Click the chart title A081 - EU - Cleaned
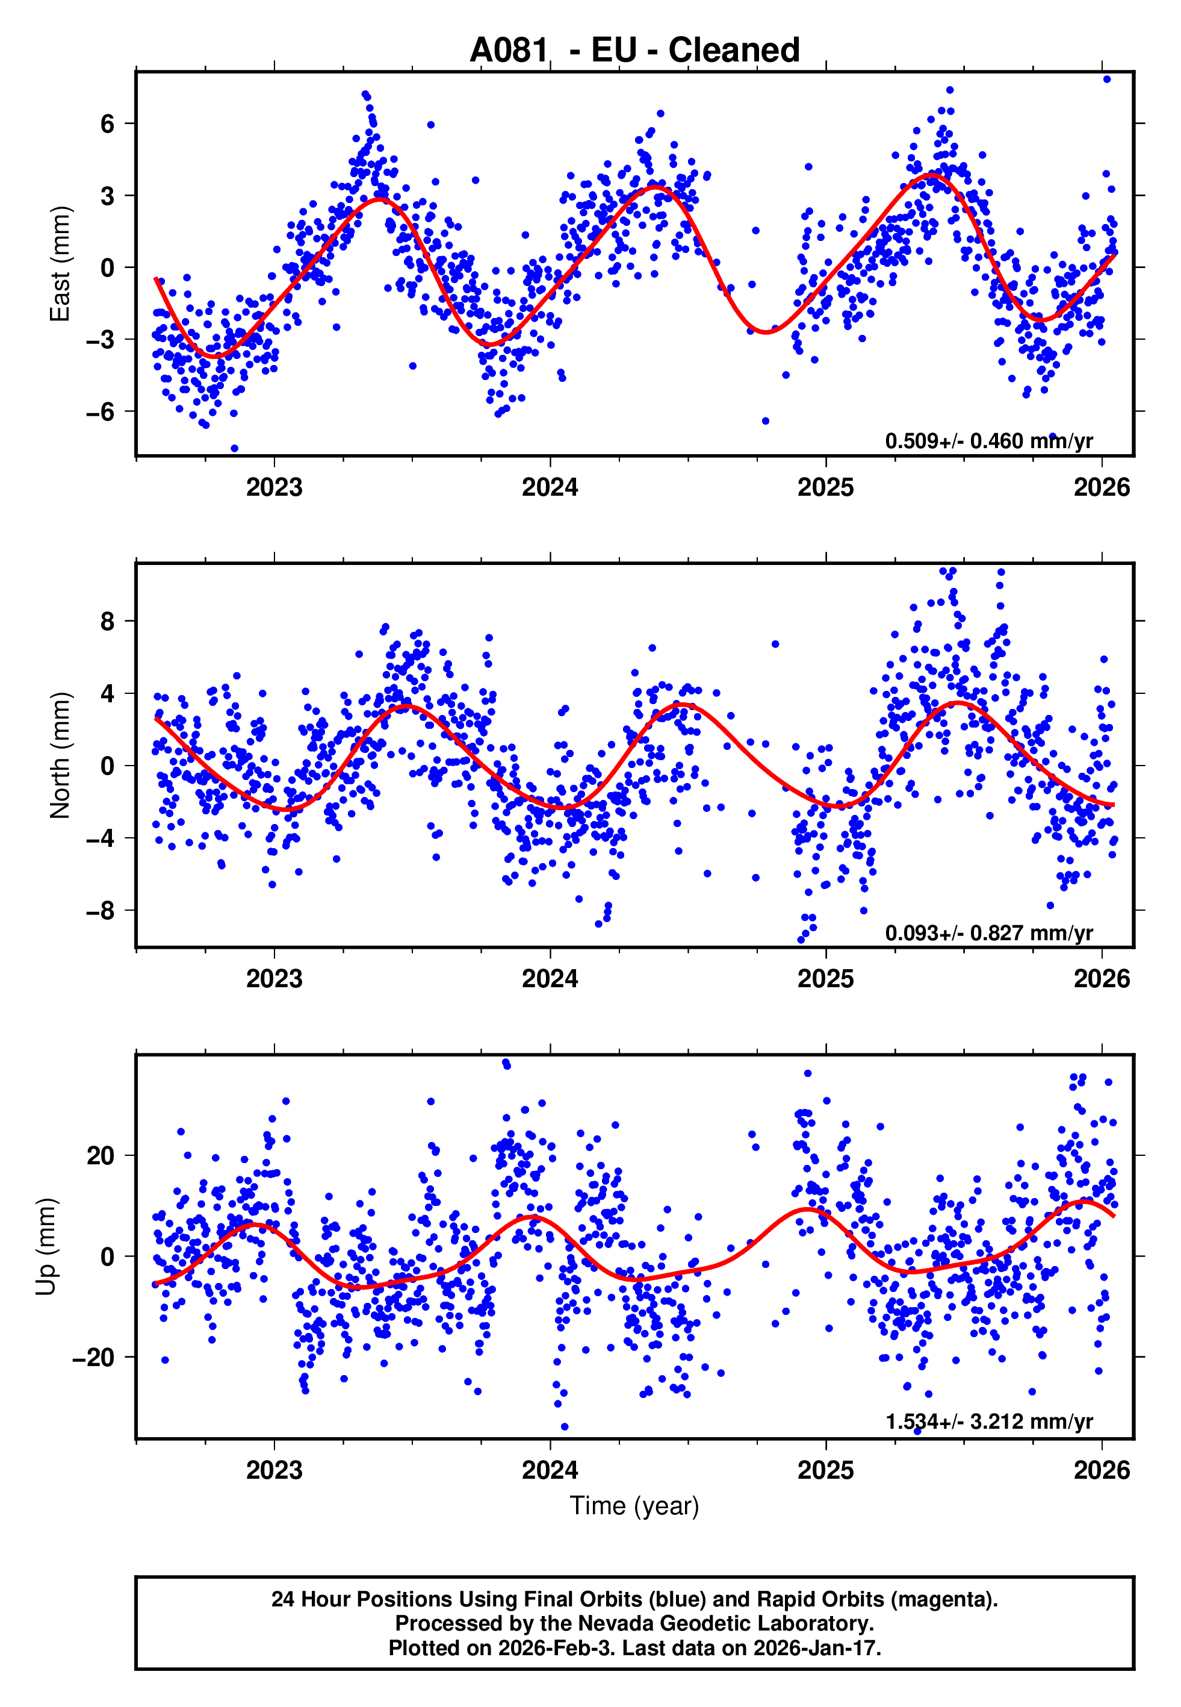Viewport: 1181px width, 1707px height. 634,51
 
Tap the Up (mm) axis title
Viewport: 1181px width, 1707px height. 46,1247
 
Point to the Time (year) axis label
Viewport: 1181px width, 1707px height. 634,1506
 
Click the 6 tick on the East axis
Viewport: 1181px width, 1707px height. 108,123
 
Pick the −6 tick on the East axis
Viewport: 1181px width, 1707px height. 101,411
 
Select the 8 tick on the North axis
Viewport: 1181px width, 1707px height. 108,621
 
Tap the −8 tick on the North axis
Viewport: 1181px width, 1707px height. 101,911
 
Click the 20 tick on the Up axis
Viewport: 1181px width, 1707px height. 101,1155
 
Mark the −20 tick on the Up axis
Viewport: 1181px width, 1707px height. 93,1358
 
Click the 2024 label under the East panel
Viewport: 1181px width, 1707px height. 550,487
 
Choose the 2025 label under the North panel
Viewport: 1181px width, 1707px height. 826,979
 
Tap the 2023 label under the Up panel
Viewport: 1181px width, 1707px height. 274,1470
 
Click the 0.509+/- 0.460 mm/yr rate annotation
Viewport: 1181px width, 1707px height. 988,441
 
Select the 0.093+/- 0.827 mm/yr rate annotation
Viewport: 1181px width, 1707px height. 988,932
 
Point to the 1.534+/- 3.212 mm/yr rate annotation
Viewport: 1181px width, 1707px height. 988,1421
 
